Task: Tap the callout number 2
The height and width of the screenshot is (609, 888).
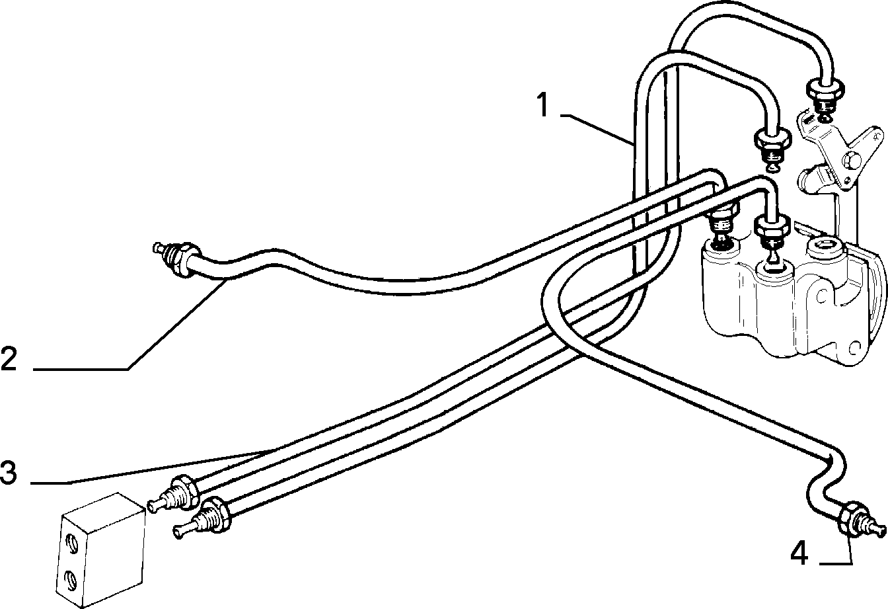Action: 9,358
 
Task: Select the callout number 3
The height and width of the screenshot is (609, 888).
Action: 9,472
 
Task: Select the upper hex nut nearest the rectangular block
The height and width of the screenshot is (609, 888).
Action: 183,493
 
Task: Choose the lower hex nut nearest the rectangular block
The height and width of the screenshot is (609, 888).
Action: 216,514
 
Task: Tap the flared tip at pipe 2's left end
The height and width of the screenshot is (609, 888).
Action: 158,249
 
